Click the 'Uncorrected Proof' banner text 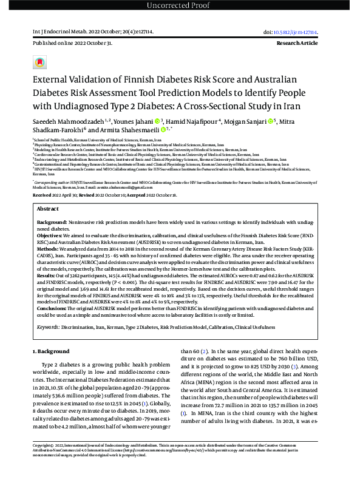pyautogui.click(x=180, y=6)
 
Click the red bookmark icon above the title pyautogui.click(x=40, y=63)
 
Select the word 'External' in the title pyautogui.click(x=54, y=81)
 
